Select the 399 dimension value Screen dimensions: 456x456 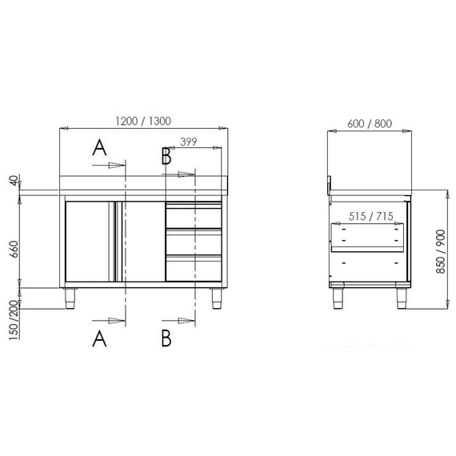point(189,142)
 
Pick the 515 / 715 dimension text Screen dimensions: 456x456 point(370,216)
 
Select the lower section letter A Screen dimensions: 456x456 point(99,339)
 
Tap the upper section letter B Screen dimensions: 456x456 point(166,156)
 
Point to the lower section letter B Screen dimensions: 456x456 point(166,339)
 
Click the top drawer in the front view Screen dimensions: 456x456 point(193,216)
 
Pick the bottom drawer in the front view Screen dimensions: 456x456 point(193,268)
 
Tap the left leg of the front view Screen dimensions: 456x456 point(70,298)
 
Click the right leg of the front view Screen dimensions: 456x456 point(216,298)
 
